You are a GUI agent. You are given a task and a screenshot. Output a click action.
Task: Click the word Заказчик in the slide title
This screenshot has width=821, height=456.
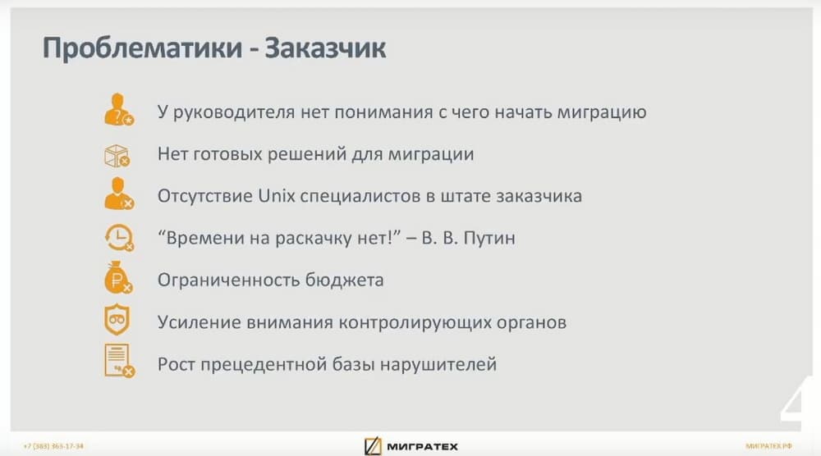325,48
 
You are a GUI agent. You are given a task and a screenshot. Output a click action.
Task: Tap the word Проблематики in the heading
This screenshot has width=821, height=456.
142,48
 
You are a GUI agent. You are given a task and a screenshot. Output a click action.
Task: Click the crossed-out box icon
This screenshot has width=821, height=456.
117,156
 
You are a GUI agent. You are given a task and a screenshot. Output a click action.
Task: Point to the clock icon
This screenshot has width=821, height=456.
119,238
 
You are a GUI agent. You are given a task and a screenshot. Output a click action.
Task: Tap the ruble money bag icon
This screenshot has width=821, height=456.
118,277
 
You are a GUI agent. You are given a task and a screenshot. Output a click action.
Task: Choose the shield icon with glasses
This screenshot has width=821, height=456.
117,319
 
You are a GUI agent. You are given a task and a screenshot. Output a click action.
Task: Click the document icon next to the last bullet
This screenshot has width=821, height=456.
119,360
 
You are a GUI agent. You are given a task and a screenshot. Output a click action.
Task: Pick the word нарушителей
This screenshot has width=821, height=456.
438,364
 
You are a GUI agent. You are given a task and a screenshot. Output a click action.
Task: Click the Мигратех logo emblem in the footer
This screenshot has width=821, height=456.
373,446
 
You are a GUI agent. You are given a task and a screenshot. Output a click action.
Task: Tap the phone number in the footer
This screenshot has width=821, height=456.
53,446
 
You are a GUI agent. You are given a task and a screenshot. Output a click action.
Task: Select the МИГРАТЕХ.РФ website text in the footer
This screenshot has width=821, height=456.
768,446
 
